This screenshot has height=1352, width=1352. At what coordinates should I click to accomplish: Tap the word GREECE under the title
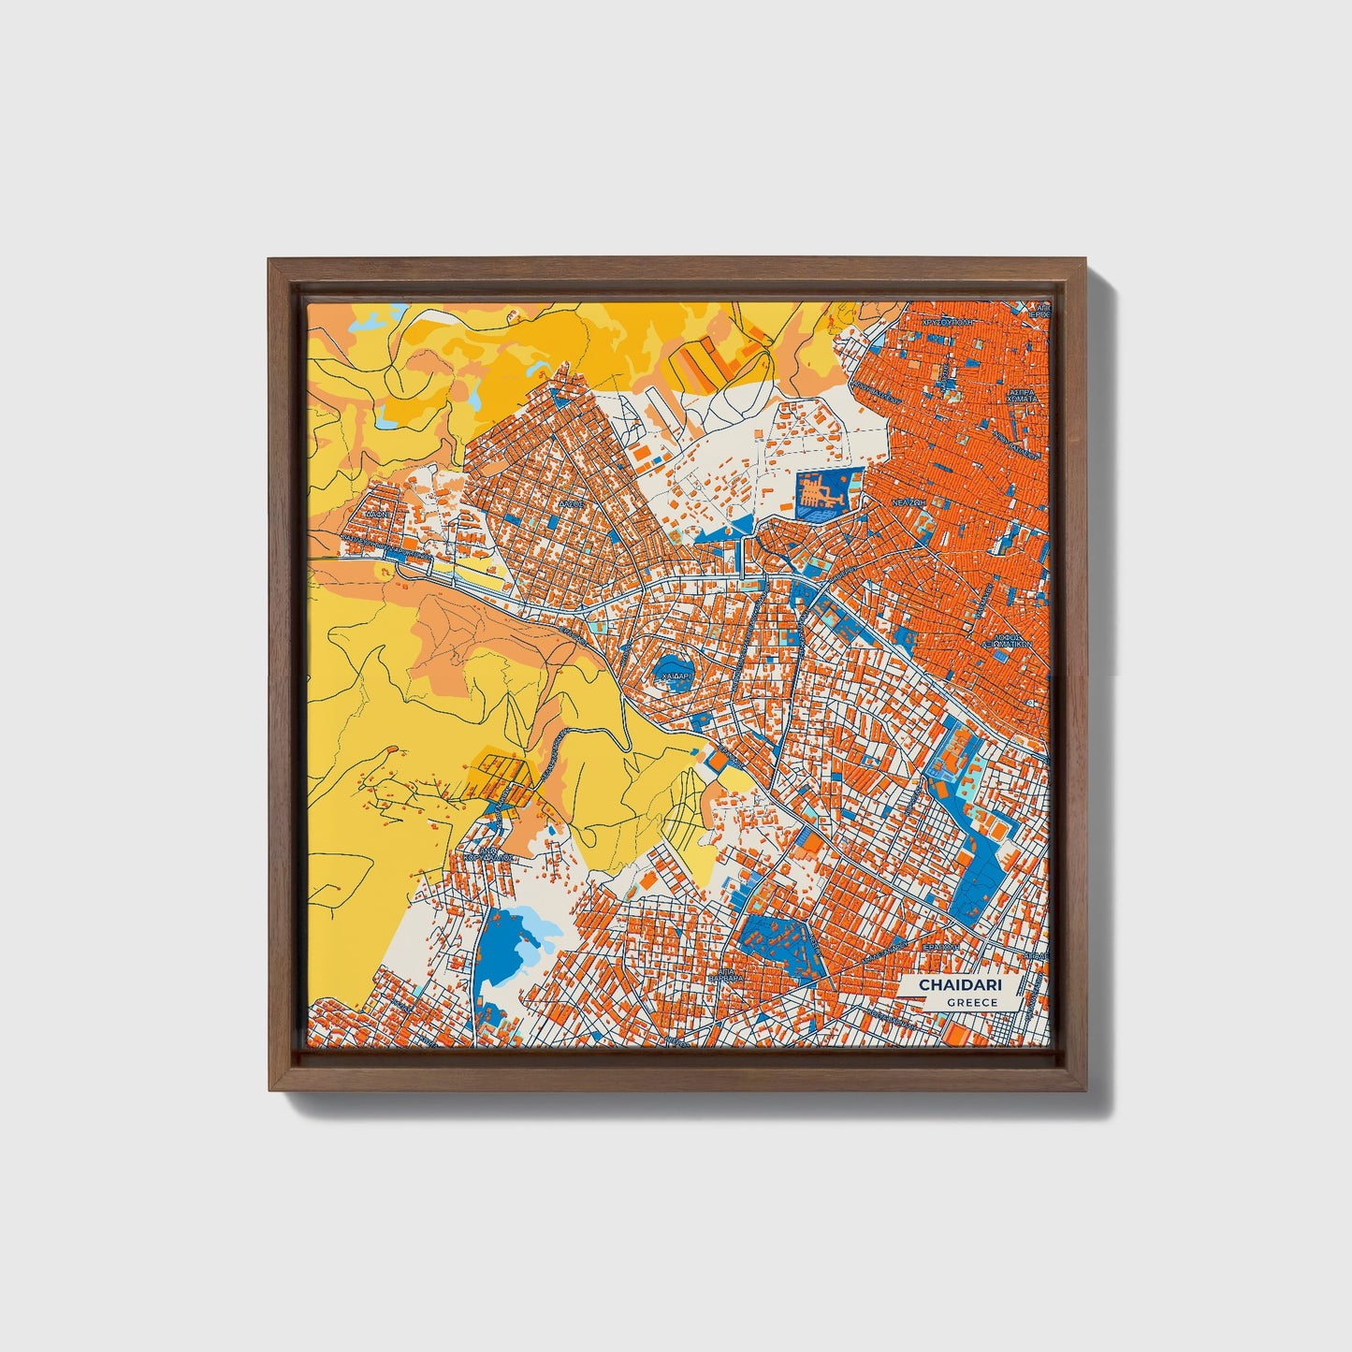[x=971, y=1002]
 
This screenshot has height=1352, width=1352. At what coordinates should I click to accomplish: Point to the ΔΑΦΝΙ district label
[x=378, y=514]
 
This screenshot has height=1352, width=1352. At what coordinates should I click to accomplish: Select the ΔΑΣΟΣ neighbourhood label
[x=571, y=502]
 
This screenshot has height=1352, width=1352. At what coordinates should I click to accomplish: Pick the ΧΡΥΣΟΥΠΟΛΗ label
[x=949, y=321]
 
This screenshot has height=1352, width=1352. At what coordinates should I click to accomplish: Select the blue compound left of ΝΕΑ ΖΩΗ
[x=822, y=493]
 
